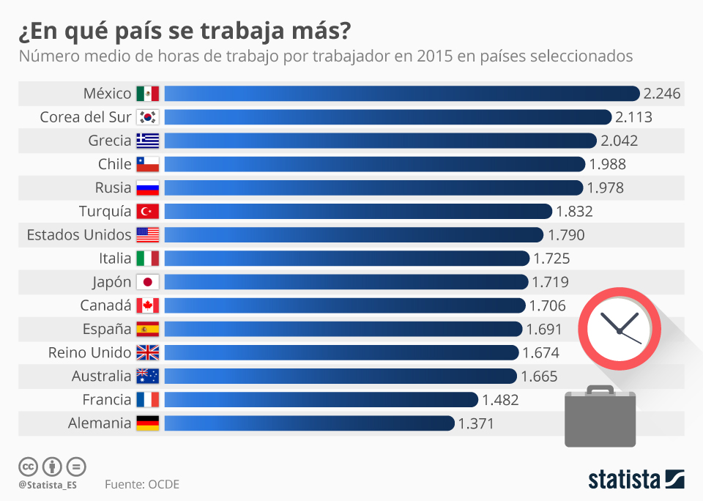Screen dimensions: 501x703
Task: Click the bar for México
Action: point(401,94)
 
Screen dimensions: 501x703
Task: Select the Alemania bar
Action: point(308,423)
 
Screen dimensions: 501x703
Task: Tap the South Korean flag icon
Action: point(148,117)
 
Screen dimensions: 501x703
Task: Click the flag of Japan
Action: point(148,282)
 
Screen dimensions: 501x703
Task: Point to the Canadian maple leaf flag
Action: point(148,305)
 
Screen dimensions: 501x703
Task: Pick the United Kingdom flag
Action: point(148,353)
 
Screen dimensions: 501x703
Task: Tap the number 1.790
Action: point(566,235)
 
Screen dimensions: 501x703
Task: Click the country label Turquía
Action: point(105,212)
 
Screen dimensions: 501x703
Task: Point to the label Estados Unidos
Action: point(79,235)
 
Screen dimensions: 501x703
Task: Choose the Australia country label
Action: point(101,376)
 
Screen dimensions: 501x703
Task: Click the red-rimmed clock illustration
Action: point(620,330)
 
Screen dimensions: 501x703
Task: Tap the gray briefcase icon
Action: point(600,418)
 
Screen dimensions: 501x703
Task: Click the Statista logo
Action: point(636,480)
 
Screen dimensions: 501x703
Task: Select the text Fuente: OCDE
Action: point(141,484)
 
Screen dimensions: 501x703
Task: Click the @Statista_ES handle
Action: point(48,485)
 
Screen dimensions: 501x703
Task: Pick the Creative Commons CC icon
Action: point(28,467)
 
